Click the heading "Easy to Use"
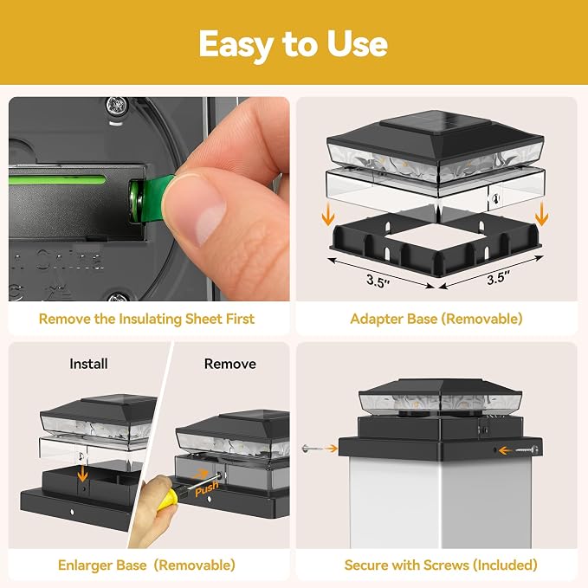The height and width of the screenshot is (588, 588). pos(293,45)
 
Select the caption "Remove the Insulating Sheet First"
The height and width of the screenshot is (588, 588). pos(146,320)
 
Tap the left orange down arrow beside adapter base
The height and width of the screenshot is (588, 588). pos(328,213)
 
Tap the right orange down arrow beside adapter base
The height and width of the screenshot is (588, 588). pos(541,214)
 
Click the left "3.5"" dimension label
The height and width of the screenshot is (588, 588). pos(378,281)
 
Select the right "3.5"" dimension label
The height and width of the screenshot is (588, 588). pos(499,278)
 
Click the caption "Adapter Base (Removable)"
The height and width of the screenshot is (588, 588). pos(436,320)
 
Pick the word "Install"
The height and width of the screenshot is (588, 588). pos(88,364)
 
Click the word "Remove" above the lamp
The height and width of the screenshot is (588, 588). pos(229,364)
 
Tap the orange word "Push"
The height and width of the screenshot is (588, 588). pos(207,489)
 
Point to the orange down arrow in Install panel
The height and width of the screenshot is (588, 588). pos(82,473)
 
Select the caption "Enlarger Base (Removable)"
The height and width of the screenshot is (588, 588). pos(146,565)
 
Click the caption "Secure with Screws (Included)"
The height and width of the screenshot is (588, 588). pos(441,565)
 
